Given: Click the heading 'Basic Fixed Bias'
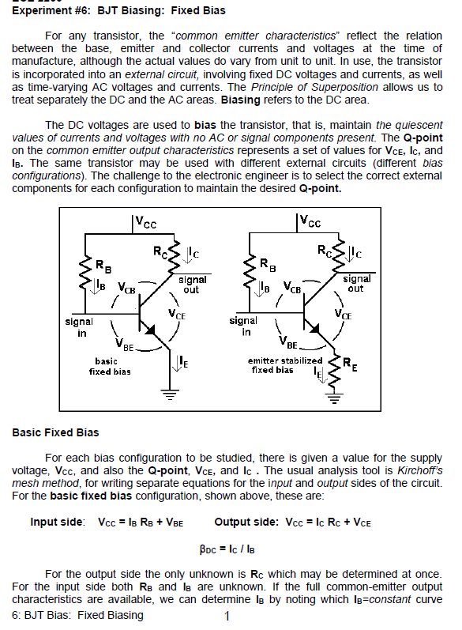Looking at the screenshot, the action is pyautogui.click(x=55, y=432).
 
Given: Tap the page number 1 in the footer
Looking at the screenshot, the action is pyautogui.click(x=226, y=616).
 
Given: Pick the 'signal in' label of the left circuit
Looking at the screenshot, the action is pyautogui.click(x=79, y=326).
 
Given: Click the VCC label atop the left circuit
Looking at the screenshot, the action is pyautogui.click(x=142, y=224).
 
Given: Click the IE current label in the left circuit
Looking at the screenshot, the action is pyautogui.click(x=182, y=361).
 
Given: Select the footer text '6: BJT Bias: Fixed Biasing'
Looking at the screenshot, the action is pyautogui.click(x=78, y=616).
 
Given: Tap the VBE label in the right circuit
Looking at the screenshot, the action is pyautogui.click(x=289, y=345).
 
